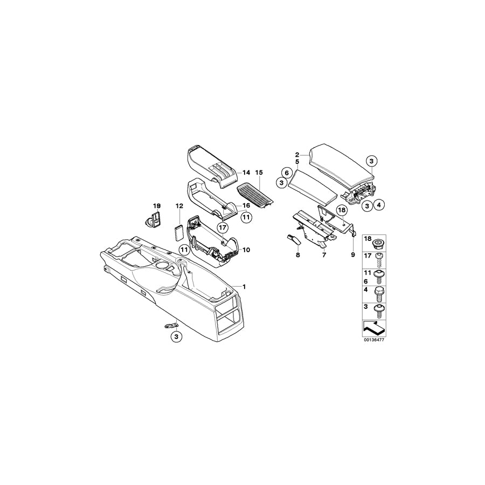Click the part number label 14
246,172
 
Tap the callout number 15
259,172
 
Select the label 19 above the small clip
157,206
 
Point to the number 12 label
179,206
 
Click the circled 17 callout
223,228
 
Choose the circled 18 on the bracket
342,210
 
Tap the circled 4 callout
379,204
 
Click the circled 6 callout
287,172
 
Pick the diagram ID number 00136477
374,339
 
